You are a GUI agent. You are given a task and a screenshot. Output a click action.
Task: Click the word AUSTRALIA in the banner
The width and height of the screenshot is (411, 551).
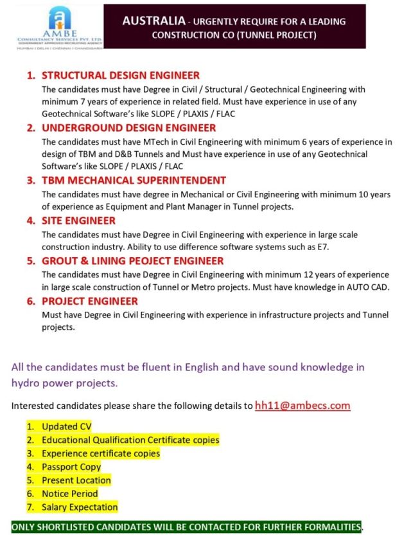pyautogui.click(x=150, y=21)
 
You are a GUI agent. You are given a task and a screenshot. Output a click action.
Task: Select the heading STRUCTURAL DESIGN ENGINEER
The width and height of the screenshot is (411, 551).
pyautogui.click(x=121, y=76)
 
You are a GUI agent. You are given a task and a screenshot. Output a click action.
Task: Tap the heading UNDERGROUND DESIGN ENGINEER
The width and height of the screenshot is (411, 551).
pyautogui.click(x=128, y=128)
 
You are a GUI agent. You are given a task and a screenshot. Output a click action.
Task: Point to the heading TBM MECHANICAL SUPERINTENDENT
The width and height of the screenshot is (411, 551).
pyautogui.click(x=134, y=181)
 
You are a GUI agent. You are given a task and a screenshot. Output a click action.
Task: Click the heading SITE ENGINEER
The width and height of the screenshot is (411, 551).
pyautogui.click(x=78, y=221)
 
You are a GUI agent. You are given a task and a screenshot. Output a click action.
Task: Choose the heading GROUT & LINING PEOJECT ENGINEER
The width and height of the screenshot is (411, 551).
pyautogui.click(x=133, y=261)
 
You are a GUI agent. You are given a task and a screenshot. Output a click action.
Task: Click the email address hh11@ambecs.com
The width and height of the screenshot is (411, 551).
pyautogui.click(x=302, y=405)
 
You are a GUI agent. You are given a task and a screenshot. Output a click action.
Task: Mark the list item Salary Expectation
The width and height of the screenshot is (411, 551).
pyautogui.click(x=80, y=507)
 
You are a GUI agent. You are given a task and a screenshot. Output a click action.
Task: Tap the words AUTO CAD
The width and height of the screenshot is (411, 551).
pyautogui.click(x=367, y=287)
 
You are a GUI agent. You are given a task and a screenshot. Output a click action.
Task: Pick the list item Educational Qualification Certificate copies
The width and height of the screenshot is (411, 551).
pyautogui.click(x=130, y=440)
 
